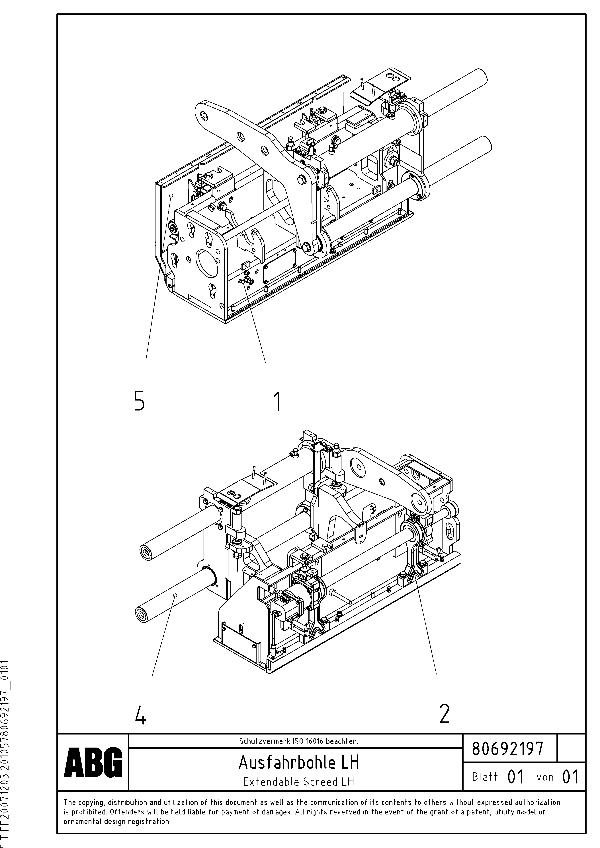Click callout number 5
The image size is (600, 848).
[x=139, y=401]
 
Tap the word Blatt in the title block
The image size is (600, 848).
[x=485, y=777]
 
